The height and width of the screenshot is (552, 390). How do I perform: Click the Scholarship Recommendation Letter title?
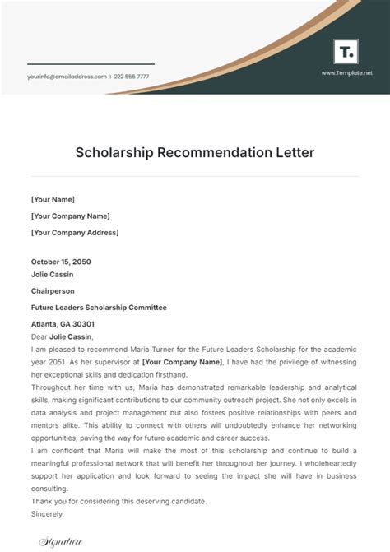[194, 152]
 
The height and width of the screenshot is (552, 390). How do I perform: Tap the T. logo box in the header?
[346, 52]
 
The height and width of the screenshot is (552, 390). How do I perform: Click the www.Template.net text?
[346, 73]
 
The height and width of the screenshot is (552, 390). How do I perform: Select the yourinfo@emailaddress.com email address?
[67, 77]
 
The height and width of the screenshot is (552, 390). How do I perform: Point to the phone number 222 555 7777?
[131, 77]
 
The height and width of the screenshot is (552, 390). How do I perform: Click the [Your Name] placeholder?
[53, 199]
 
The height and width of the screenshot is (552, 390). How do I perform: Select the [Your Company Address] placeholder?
[75, 232]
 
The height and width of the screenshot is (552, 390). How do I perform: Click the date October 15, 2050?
[61, 262]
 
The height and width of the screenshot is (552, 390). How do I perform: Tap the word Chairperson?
[53, 290]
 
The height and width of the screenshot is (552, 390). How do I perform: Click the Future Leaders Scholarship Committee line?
[99, 307]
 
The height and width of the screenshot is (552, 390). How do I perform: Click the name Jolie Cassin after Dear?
[71, 336]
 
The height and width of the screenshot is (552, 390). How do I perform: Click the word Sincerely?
[47, 514]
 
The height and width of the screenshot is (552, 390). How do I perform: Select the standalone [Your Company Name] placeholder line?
[71, 216]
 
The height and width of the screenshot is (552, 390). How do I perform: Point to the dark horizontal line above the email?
[91, 64]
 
